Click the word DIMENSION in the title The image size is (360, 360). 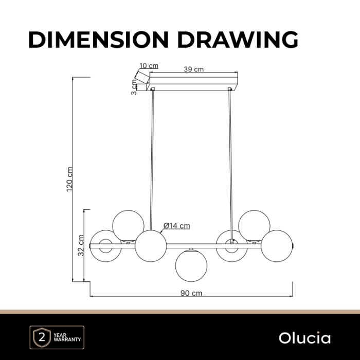point(99,40)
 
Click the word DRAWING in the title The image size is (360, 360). point(238,40)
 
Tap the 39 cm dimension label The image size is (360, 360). point(193,69)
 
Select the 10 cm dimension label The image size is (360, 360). point(149,66)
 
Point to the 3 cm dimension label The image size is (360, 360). point(134,87)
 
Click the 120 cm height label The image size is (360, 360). point(69,179)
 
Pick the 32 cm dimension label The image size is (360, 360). point(81,245)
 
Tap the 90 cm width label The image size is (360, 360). point(191,293)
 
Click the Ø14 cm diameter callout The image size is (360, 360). point(177,226)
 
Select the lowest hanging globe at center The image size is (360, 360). point(191,266)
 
